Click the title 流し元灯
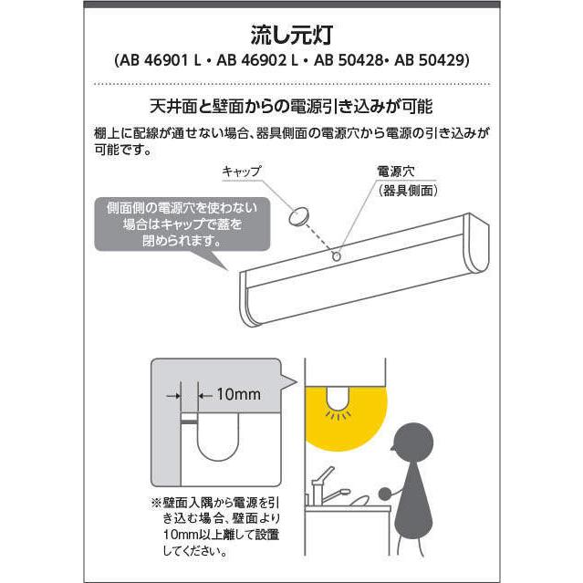point(290,37)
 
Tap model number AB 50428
point(349,63)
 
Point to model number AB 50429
point(432,63)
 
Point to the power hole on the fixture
point(338,257)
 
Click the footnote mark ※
point(154,502)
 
